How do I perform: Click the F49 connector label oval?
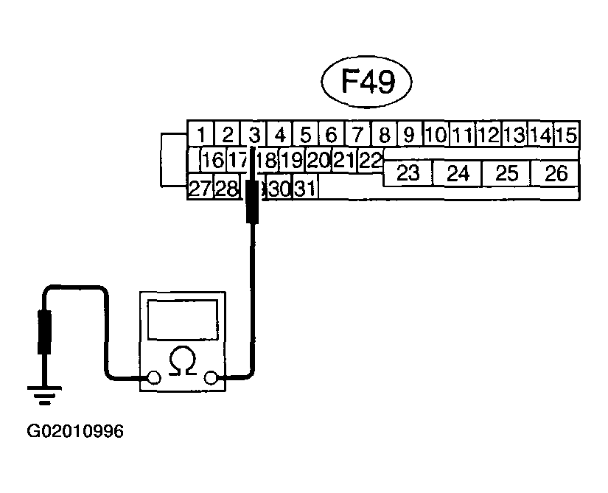click(367, 83)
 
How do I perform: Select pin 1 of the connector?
click(201, 135)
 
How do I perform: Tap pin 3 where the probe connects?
click(254, 135)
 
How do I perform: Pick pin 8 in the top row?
click(384, 135)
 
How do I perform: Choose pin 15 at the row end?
click(566, 135)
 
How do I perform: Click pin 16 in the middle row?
click(212, 160)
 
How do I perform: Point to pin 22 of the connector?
click(371, 160)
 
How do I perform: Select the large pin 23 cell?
click(408, 173)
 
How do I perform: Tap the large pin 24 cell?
click(458, 173)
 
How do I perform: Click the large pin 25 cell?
click(507, 173)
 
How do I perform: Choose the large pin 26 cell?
click(556, 173)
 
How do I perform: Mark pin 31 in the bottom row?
click(304, 189)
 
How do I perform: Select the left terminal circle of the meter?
click(153, 379)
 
